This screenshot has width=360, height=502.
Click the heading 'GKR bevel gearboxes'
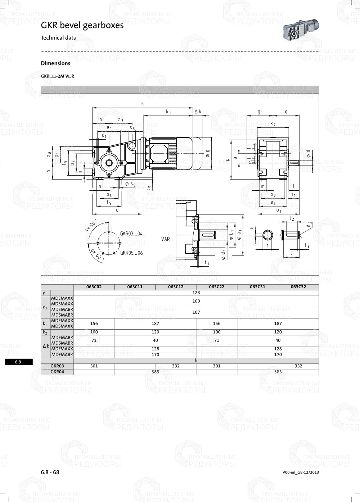click(82, 25)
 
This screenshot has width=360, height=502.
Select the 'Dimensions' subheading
click(55, 63)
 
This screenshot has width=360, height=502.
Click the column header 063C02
click(94, 287)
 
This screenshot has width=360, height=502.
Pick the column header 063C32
click(298, 287)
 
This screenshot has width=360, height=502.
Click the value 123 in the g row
click(196, 293)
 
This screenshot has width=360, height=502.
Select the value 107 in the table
click(196, 312)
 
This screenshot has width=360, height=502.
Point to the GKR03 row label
click(57, 366)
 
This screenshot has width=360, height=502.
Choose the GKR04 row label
click(57, 372)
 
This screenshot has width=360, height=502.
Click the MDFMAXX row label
click(62, 349)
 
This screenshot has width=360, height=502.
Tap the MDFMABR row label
click(62, 354)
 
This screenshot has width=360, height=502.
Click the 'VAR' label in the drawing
click(166, 239)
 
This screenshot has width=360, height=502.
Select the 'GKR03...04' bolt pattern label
click(131, 234)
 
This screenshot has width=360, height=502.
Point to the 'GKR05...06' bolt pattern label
click(131, 253)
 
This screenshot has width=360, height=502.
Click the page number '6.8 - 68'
click(50, 472)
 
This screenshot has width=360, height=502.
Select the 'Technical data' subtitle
click(58, 38)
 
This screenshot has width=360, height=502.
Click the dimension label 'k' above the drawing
click(143, 104)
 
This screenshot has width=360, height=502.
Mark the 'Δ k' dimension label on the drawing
click(198, 112)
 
